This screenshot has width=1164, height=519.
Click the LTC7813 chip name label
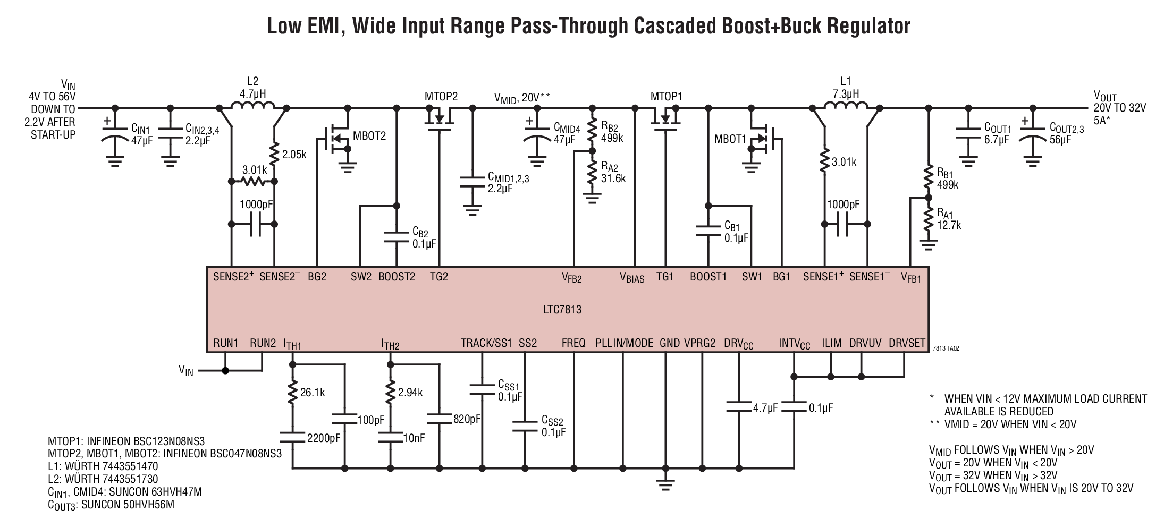[x=563, y=309]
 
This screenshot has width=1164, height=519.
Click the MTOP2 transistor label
[x=441, y=97]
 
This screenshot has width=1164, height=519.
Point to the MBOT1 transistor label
[x=730, y=139]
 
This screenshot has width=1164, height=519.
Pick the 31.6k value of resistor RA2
[x=613, y=179]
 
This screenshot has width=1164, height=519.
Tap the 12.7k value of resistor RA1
[x=949, y=225]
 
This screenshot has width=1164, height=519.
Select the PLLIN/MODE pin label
[x=624, y=343]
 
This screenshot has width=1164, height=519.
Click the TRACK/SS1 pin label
[x=486, y=343]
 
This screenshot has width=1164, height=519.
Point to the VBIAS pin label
[x=632, y=277]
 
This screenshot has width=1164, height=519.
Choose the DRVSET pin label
[x=907, y=343]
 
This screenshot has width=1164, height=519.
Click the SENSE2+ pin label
[x=233, y=276]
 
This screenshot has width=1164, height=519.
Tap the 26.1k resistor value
[x=313, y=393]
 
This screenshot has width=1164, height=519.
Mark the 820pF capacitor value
[x=467, y=419]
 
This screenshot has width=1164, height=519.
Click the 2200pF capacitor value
[x=324, y=438]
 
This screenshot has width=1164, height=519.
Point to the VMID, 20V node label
[x=522, y=98]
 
